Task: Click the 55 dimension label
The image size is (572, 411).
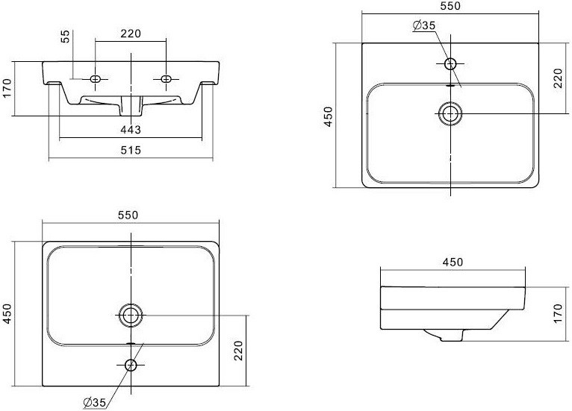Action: point(65,36)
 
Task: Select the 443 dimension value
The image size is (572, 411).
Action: point(131,129)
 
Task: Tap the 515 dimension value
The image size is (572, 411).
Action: point(131,150)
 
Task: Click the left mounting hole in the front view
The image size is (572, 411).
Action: point(96,79)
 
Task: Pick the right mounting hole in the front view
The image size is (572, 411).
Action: point(166,79)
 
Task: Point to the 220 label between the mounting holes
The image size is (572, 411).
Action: point(131,34)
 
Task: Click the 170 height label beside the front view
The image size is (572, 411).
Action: point(7,88)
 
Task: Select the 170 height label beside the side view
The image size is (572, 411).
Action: point(558,313)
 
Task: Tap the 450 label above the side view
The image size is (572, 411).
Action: point(453,262)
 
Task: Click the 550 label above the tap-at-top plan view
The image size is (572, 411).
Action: point(450,6)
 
